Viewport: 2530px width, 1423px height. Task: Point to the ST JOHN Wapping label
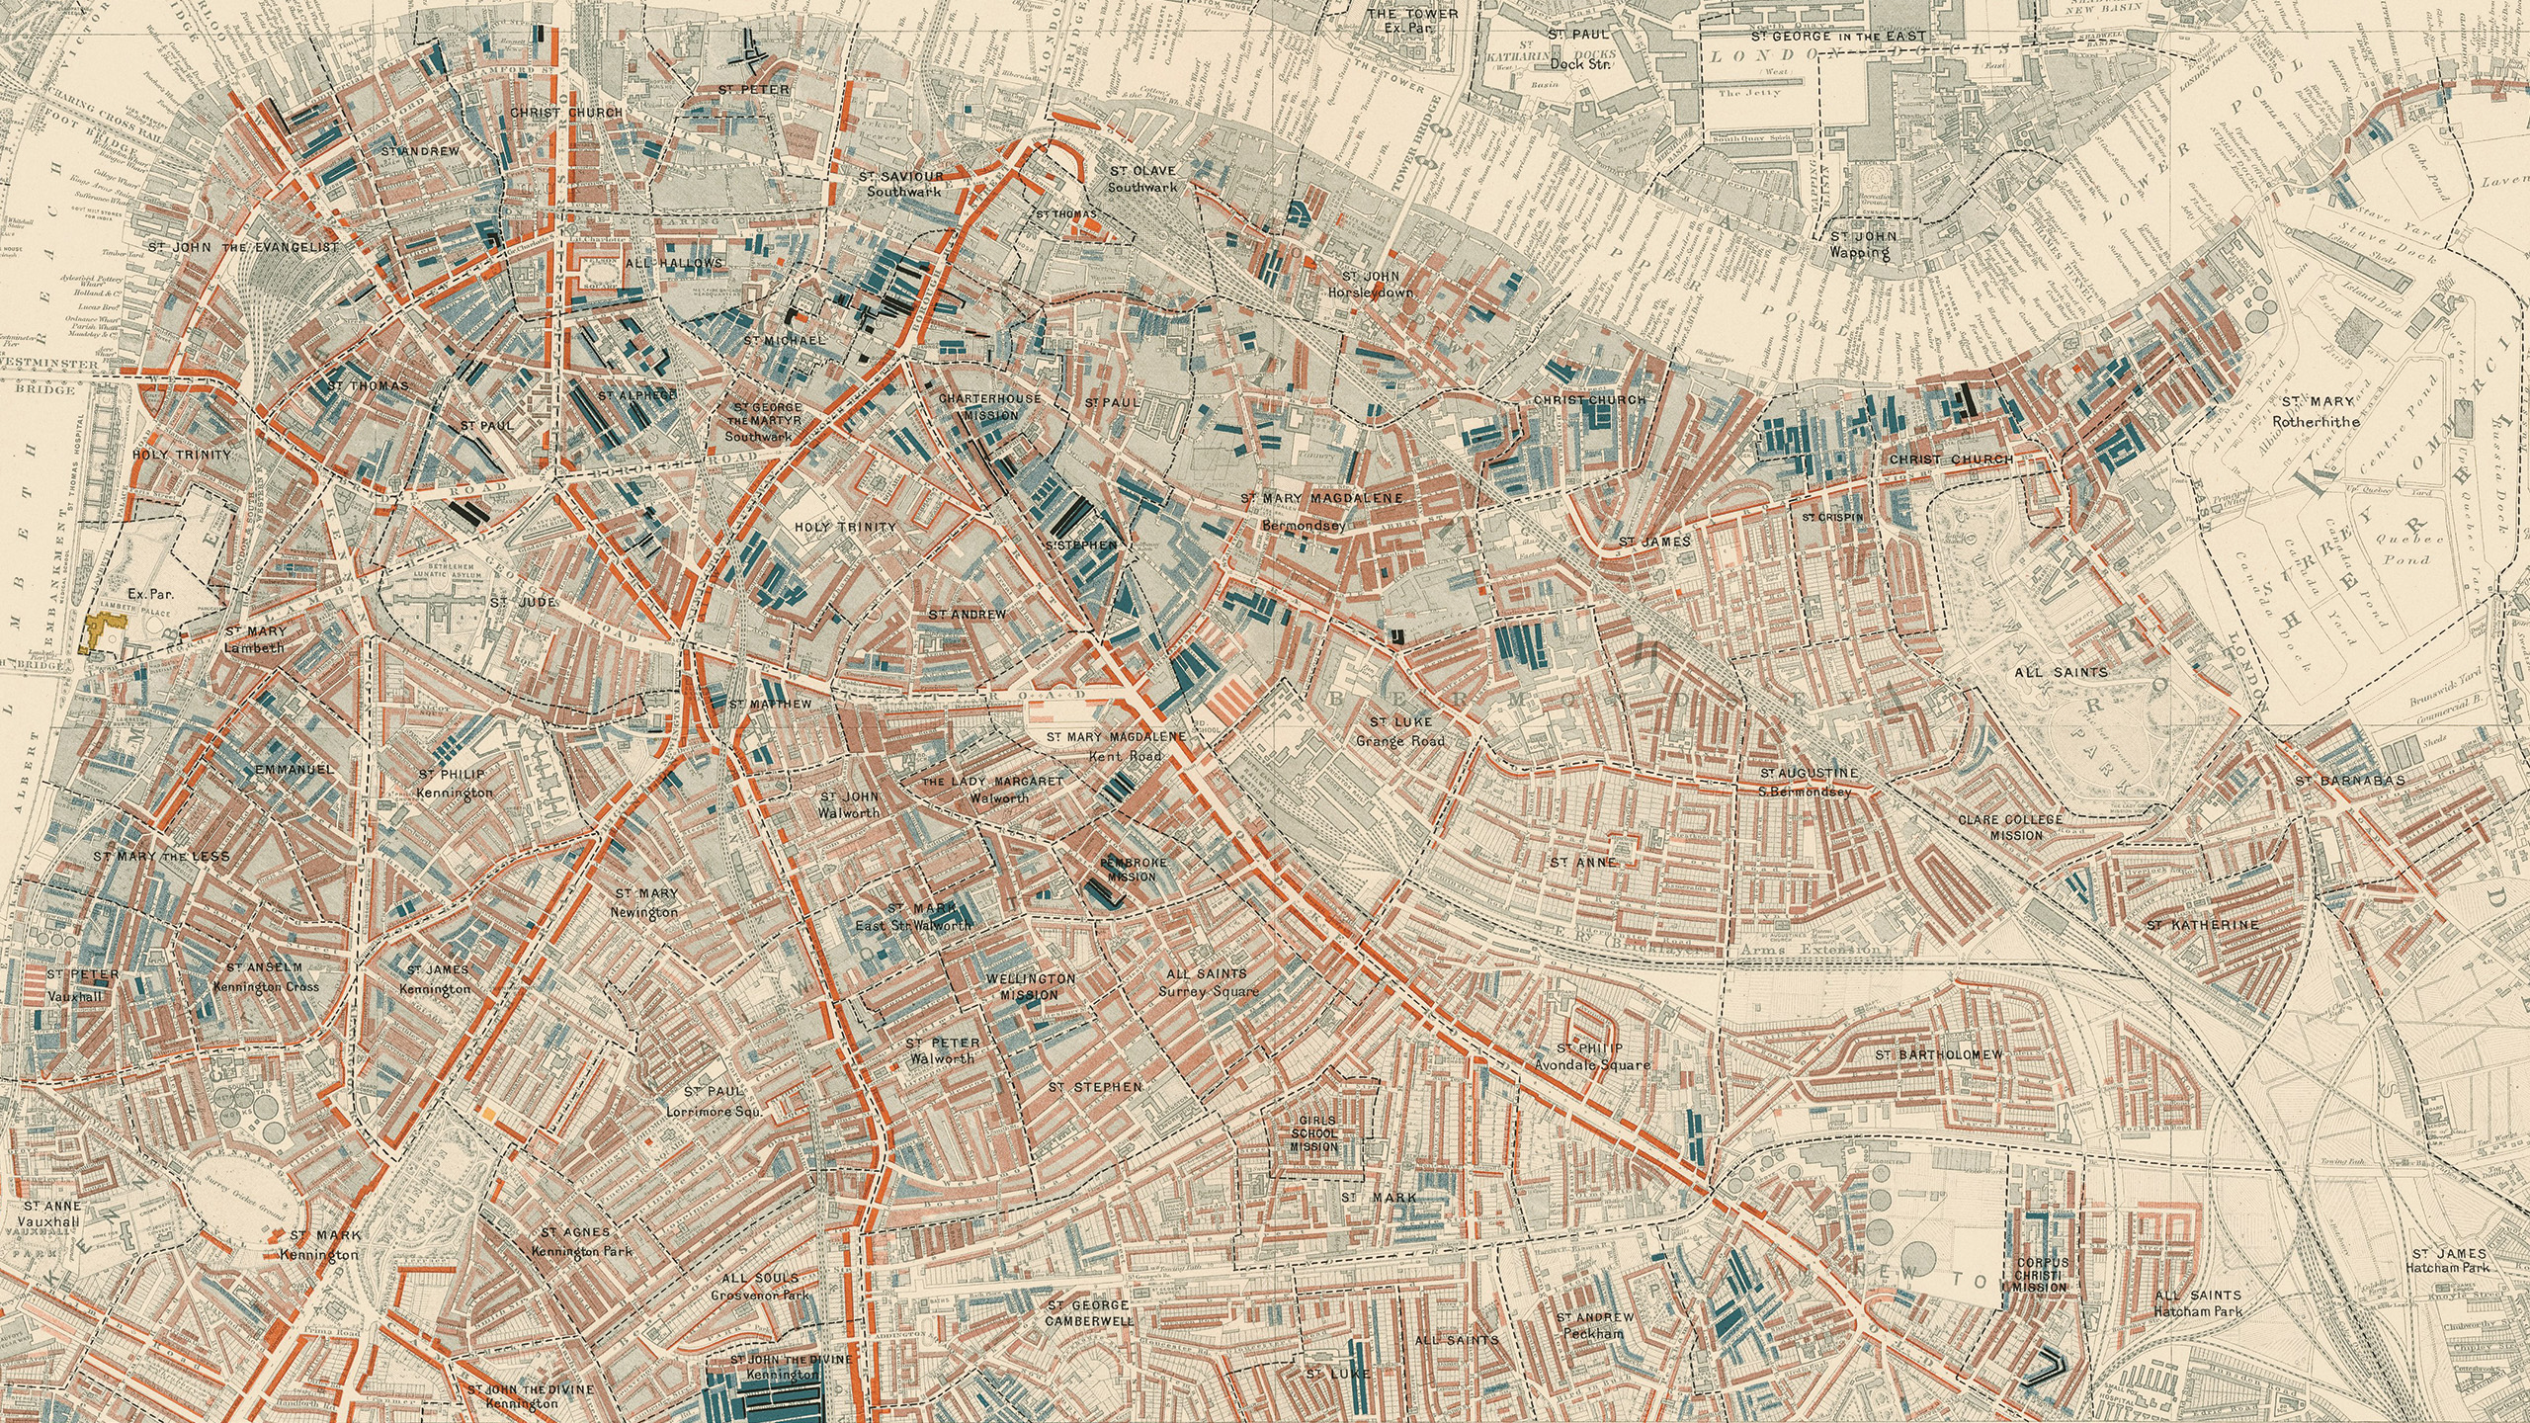click(x=1863, y=244)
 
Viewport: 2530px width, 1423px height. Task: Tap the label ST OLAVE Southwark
click(x=1141, y=179)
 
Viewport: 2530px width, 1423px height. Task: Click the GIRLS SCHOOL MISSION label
click(x=1313, y=1133)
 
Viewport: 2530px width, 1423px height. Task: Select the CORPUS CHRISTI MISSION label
click(x=2041, y=1275)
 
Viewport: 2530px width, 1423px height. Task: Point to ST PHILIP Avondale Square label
click(x=1591, y=1056)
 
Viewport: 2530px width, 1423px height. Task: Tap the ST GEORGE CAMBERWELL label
click(x=1090, y=1312)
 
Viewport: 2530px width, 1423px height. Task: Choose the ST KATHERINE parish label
click(x=2202, y=925)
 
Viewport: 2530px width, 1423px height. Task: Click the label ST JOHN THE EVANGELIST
click(x=243, y=246)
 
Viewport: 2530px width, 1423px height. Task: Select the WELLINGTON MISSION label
click(x=1030, y=986)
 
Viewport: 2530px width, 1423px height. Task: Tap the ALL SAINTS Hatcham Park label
click(x=2198, y=1302)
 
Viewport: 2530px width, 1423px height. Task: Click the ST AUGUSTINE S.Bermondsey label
click(x=1808, y=781)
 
